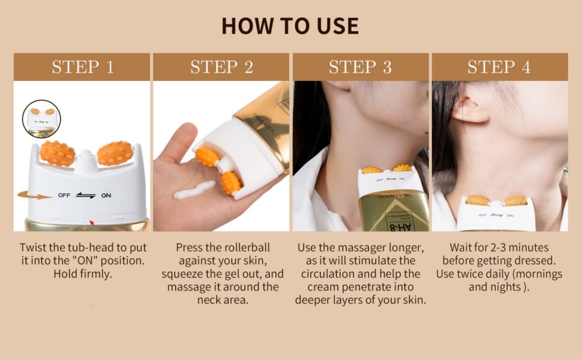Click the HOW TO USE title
point(290,26)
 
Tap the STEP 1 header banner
point(82,67)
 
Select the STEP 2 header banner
point(221,67)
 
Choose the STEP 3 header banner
point(360,67)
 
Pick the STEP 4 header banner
point(499,67)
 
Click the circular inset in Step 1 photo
point(41,118)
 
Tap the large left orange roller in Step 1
point(58,154)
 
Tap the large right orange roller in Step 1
point(115,153)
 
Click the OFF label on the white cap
point(64,195)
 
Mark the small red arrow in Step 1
point(91,223)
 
